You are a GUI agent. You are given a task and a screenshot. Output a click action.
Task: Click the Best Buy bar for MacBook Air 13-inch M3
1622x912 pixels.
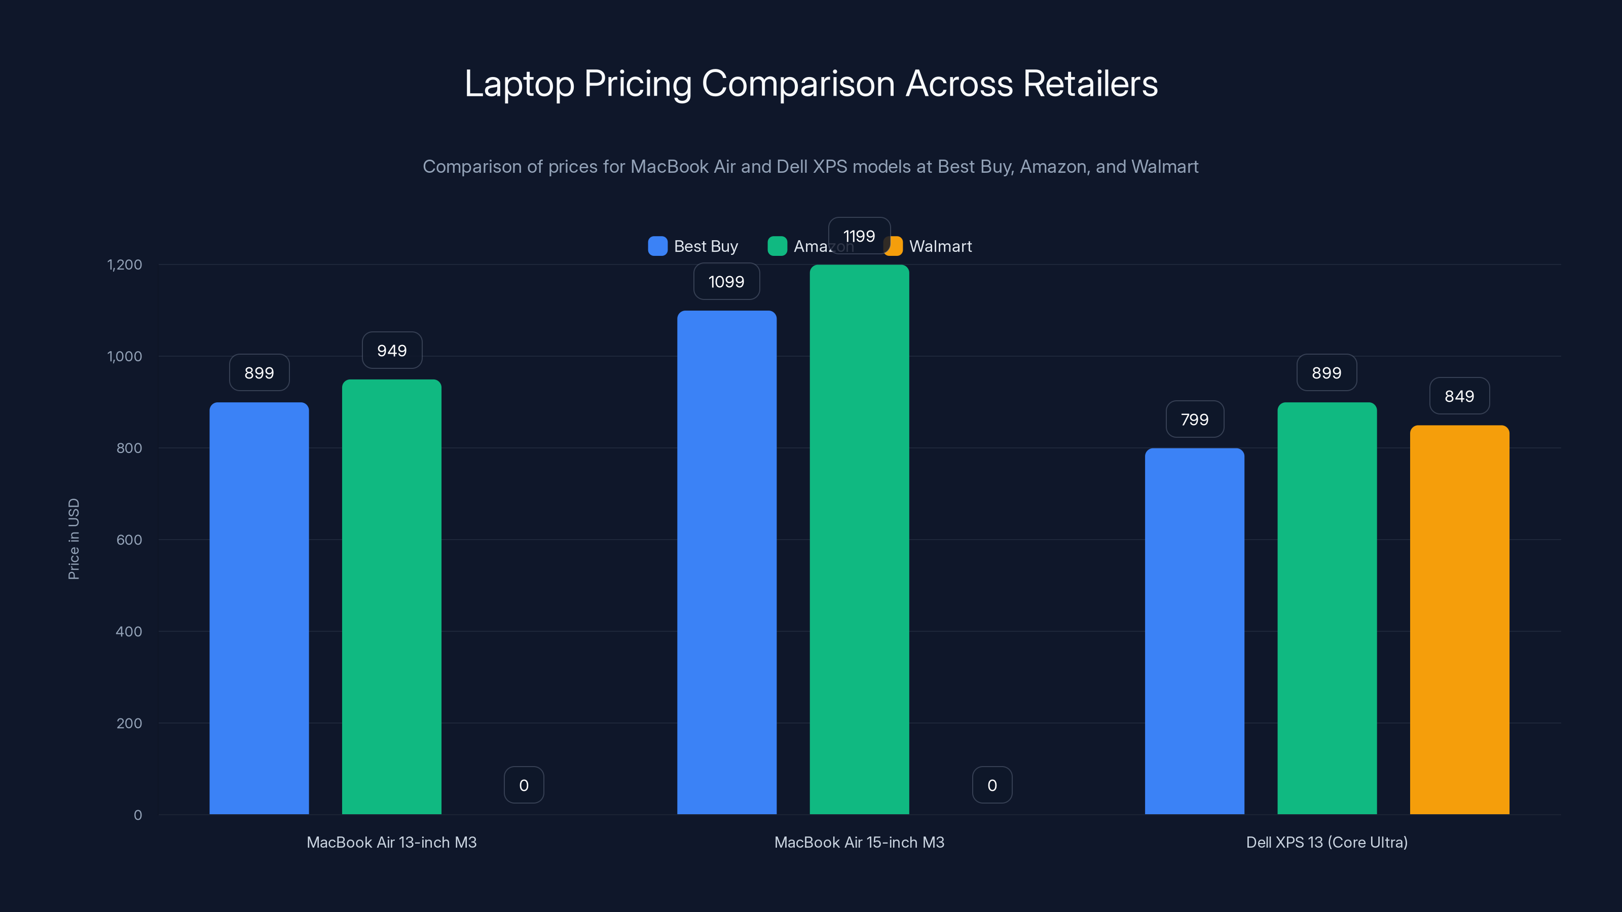point(259,607)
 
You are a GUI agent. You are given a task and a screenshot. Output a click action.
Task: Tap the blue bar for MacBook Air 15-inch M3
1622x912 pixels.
point(727,561)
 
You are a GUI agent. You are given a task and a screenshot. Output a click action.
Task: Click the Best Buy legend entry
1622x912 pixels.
point(693,246)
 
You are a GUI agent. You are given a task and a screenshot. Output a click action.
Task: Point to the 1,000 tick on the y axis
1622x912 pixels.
point(125,356)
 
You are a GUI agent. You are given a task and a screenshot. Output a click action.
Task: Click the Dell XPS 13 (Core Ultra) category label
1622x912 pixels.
point(1326,842)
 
